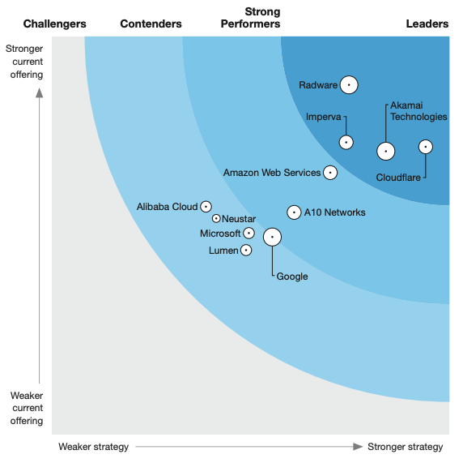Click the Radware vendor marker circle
[349, 84]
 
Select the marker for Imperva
[346, 142]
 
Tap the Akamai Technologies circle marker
[386, 151]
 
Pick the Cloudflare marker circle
[425, 147]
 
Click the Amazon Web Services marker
[329, 172]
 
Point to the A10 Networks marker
[294, 212]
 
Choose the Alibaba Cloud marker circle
[206, 207]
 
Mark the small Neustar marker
[216, 218]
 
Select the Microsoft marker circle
[248, 234]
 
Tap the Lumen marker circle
[246, 250]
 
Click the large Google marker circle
[272, 237]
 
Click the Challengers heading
[54, 24]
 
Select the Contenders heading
[151, 24]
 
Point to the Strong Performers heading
[250, 18]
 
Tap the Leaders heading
[427, 24]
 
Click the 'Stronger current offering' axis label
[24, 62]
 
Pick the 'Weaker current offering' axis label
[26, 409]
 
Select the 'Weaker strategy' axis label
[93, 447]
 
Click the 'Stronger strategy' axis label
[405, 447]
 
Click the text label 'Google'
[292, 277]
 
